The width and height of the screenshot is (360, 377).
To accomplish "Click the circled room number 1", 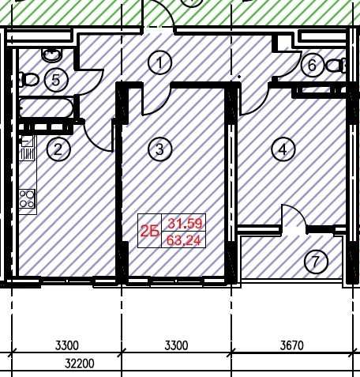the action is point(159,62).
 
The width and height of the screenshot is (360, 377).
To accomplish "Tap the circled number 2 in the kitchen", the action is point(58,149).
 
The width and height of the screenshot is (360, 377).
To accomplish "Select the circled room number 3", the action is point(159,149).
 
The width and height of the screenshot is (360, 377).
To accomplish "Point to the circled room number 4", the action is point(283,149).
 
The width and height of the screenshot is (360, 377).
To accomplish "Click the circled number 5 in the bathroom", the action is point(56,80).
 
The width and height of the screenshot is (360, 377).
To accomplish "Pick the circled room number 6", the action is point(312,65).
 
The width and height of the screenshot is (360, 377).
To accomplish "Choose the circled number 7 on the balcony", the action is point(316,262).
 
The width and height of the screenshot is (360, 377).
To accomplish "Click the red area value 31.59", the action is point(186,224).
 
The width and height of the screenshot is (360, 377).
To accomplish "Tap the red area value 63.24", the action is point(184,240).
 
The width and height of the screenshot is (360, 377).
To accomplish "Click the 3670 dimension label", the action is point(292,345).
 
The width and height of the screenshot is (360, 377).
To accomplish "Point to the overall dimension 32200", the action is point(80,364).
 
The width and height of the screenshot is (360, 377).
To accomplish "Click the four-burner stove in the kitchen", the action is point(27,199).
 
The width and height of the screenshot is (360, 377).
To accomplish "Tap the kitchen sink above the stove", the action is point(27,148).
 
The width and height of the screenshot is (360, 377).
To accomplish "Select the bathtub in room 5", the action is point(47,107).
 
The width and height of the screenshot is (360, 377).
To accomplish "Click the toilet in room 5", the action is point(28,80).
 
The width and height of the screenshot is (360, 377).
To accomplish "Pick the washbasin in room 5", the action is point(52,55).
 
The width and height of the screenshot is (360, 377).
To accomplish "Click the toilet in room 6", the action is point(336,66).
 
